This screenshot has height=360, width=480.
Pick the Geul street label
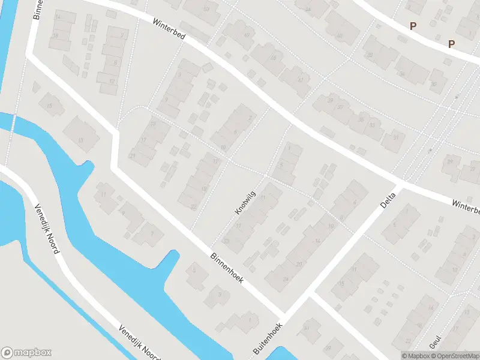436,342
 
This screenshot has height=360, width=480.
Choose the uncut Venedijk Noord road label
46,227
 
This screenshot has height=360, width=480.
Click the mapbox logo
26,353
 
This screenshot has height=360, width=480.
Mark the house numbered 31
395,137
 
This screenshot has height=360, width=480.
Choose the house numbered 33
373,125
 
